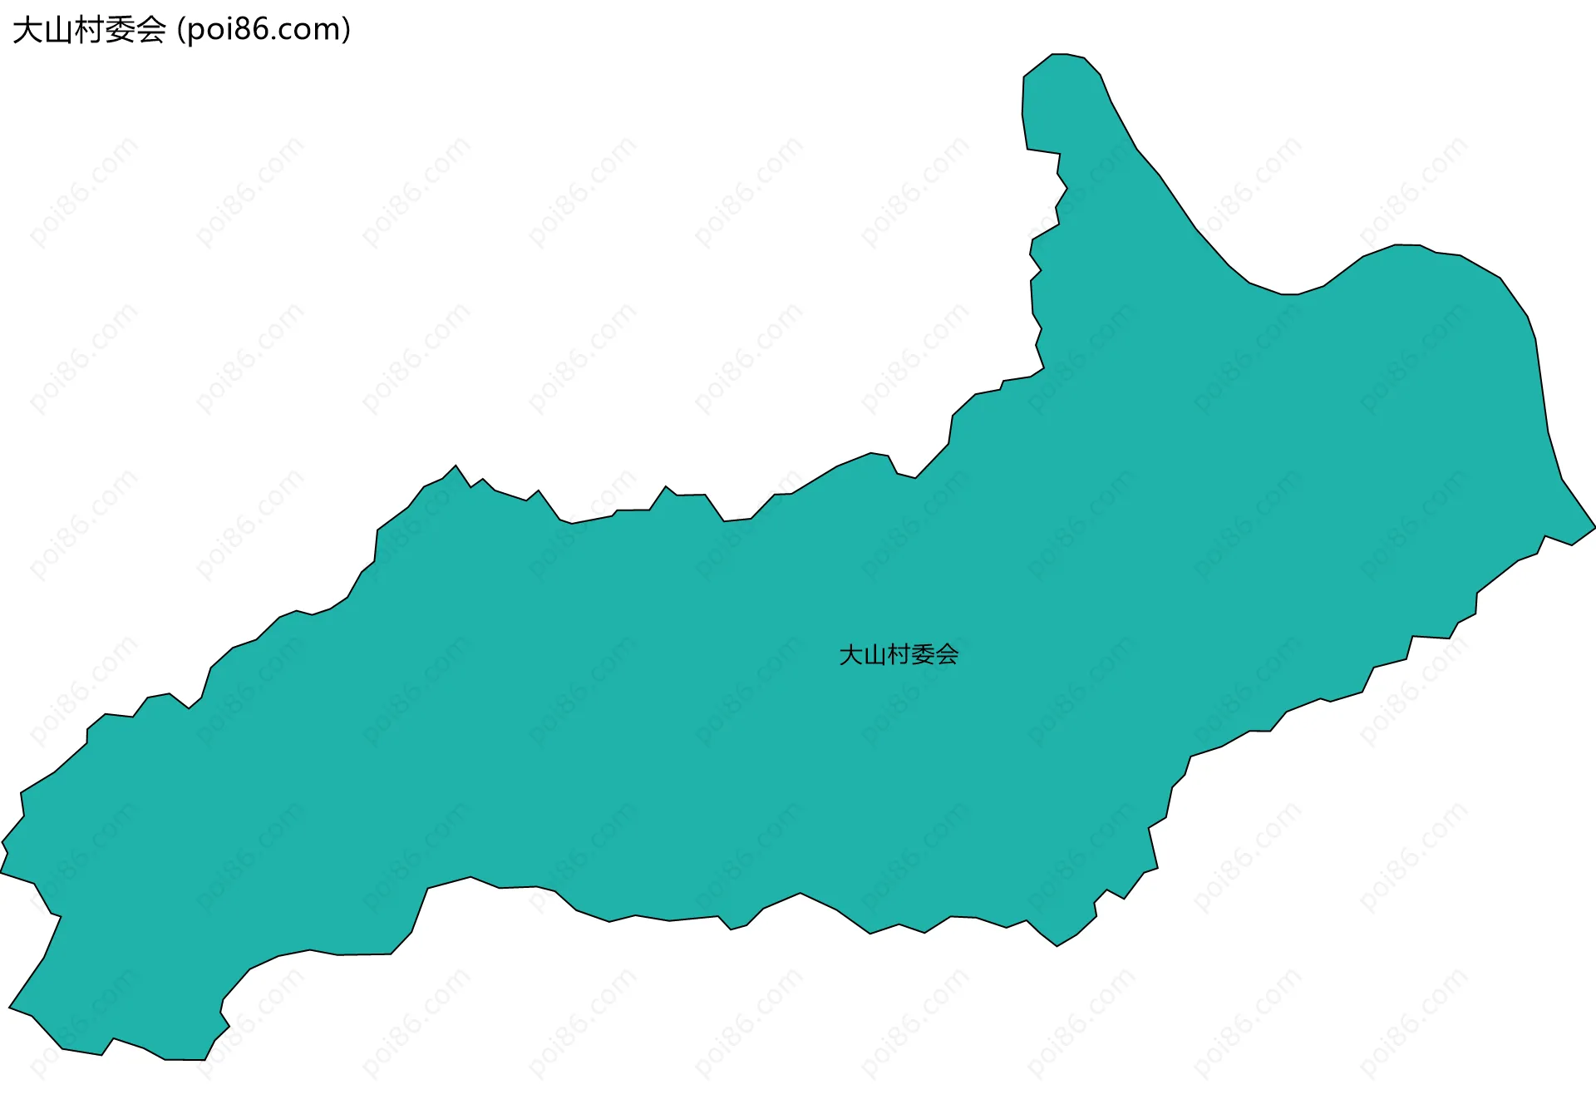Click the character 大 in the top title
pos(27,30)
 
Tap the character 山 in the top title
pos(58,30)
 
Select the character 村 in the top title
pos(89,30)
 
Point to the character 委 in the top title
pos(120,30)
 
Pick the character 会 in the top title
pos(150,30)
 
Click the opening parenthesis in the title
pos(181,30)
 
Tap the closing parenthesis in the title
pos(346,30)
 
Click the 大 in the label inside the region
pos(850,655)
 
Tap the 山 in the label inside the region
pos(874,655)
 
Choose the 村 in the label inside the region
pos(899,655)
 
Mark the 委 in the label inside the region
pos(923,655)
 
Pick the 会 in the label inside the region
pos(947,655)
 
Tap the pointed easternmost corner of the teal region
pos(1593,527)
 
